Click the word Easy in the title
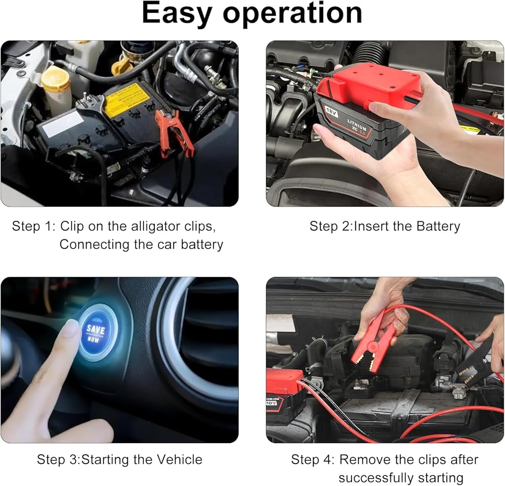[x=176, y=14]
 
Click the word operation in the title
[x=293, y=14]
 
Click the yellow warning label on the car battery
[x=127, y=99]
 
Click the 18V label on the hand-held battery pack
[x=331, y=112]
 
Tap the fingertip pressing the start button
[x=71, y=329]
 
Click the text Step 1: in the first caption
[x=34, y=226]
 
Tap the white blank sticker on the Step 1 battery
[x=63, y=124]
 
